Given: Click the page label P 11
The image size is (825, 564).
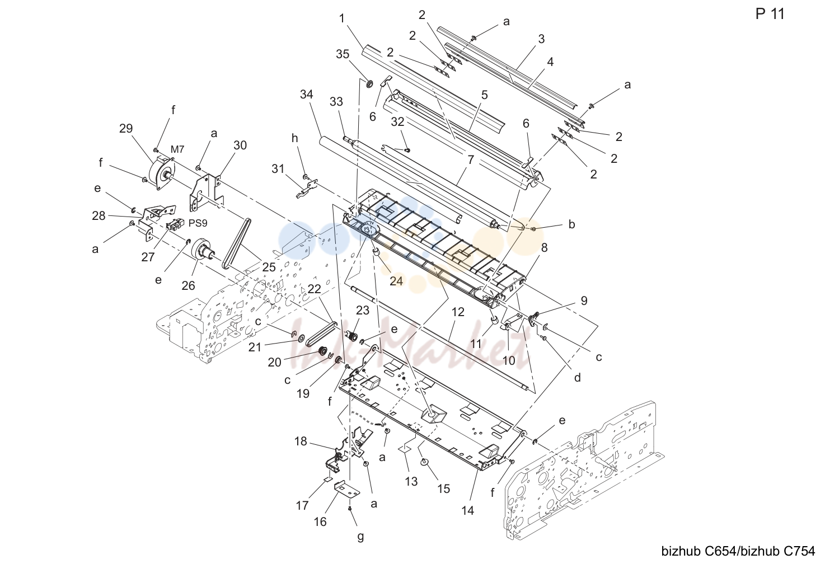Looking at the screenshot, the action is [x=770, y=15].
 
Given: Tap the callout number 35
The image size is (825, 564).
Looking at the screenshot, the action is [x=343, y=54].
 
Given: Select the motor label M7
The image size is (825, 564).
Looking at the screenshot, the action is [x=177, y=149].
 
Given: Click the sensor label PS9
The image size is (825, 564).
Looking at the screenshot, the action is [x=198, y=223].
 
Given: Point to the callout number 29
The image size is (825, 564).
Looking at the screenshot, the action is [x=126, y=129].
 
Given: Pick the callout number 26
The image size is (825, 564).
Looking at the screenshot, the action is [x=188, y=286].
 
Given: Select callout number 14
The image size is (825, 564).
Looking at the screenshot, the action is [x=468, y=511].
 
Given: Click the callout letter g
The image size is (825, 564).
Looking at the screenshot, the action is [x=360, y=537].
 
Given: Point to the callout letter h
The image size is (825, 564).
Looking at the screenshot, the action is [x=294, y=138].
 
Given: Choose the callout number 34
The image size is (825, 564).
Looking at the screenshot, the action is [x=306, y=95].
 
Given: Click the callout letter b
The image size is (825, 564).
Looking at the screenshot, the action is [x=571, y=224].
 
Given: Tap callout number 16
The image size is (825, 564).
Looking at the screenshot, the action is [x=320, y=521].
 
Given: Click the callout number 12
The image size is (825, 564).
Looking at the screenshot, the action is [x=458, y=312].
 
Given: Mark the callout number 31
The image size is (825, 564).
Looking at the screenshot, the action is [x=278, y=169].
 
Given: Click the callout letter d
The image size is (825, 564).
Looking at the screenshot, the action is [x=578, y=378].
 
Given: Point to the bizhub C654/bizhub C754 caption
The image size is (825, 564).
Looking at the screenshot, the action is [x=738, y=551].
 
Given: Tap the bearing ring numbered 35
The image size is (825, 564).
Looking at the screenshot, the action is [x=368, y=83].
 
